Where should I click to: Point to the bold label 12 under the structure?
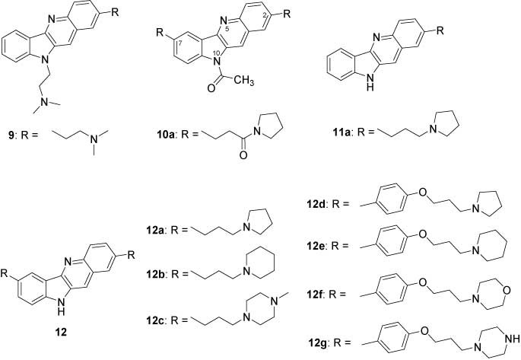pyautogui.click(x=61, y=332)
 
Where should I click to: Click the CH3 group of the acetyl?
pyautogui.click(x=243, y=81)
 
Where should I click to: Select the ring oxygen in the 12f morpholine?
pyautogui.click(x=506, y=290)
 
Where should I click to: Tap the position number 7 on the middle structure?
pyautogui.click(x=179, y=43)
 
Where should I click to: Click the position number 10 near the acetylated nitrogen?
pyautogui.click(x=216, y=53)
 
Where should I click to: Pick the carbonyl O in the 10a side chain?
pyautogui.click(x=243, y=155)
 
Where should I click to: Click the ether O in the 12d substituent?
pyautogui.click(x=423, y=192)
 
